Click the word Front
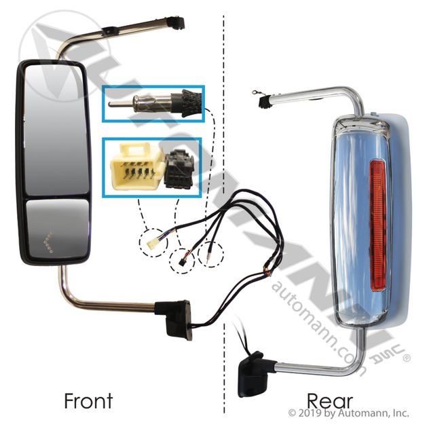[x=88, y=400]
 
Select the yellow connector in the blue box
[x=136, y=166]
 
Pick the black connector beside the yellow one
[x=180, y=165]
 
